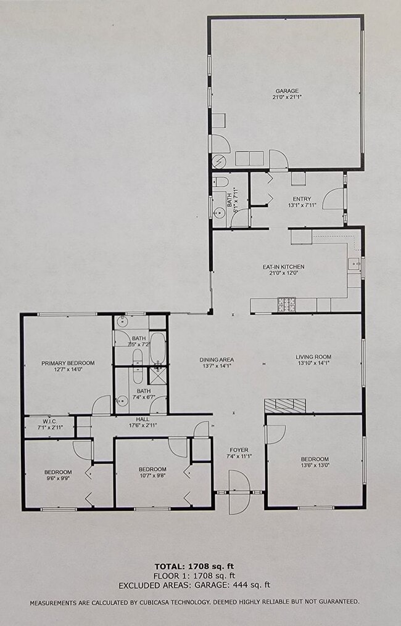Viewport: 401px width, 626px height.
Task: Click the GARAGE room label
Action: point(286,91)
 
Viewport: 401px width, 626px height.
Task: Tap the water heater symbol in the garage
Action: point(219,161)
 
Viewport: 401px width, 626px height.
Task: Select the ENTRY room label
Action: point(302,199)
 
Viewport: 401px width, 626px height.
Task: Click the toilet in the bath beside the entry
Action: point(219,182)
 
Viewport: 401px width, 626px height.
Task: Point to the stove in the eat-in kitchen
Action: point(287,304)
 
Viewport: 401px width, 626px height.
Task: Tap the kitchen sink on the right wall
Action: point(355,264)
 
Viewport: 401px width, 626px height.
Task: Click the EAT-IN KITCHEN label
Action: point(283,267)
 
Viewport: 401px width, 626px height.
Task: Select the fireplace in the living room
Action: point(284,405)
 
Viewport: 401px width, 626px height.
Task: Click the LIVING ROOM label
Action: point(313,357)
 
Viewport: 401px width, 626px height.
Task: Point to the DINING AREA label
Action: point(216,360)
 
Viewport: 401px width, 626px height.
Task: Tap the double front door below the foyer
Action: point(239,492)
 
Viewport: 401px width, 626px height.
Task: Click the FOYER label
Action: point(239,450)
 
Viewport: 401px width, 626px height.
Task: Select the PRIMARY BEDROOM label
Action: point(68,363)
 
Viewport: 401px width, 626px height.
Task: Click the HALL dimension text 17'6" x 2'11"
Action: point(143,425)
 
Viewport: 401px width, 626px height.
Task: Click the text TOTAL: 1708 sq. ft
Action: point(194,566)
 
